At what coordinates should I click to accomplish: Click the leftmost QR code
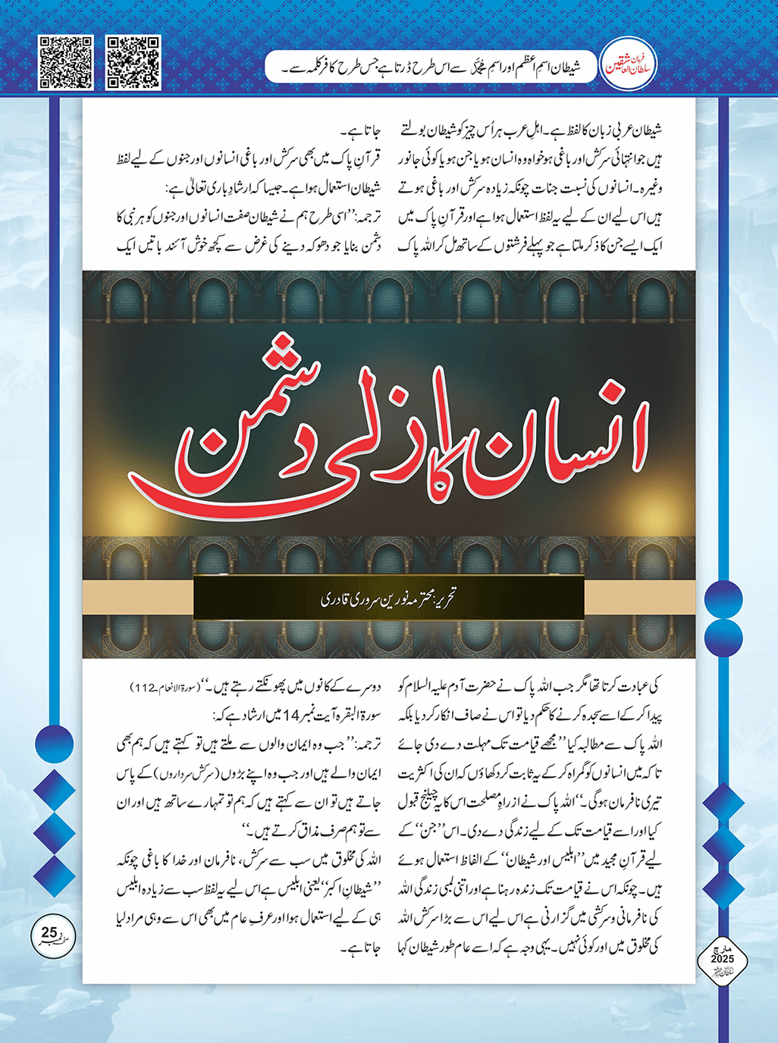(65, 62)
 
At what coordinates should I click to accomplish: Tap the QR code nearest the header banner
(133, 62)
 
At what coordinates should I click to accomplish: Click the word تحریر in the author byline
(441, 599)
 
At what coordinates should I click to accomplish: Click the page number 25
(49, 932)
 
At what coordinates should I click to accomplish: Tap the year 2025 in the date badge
(722, 960)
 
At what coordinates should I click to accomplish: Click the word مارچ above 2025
(722, 949)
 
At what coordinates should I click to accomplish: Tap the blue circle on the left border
(55, 742)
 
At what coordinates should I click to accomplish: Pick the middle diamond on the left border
(55, 832)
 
